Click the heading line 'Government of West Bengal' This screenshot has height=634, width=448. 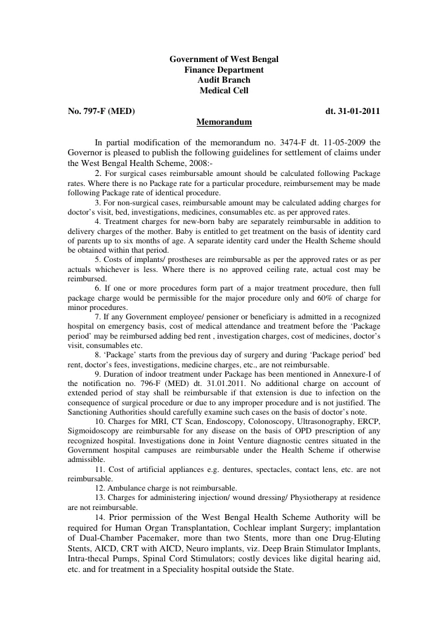pyautogui.click(x=224, y=59)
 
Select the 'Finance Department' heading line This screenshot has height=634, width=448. pyautogui.click(x=224, y=70)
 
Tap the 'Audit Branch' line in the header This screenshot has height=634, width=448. pyautogui.click(x=224, y=80)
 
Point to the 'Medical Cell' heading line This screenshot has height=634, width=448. pyautogui.click(x=224, y=91)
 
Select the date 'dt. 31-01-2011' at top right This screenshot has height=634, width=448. pyautogui.click(x=353, y=111)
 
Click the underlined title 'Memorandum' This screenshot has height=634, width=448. pyautogui.click(x=224, y=123)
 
